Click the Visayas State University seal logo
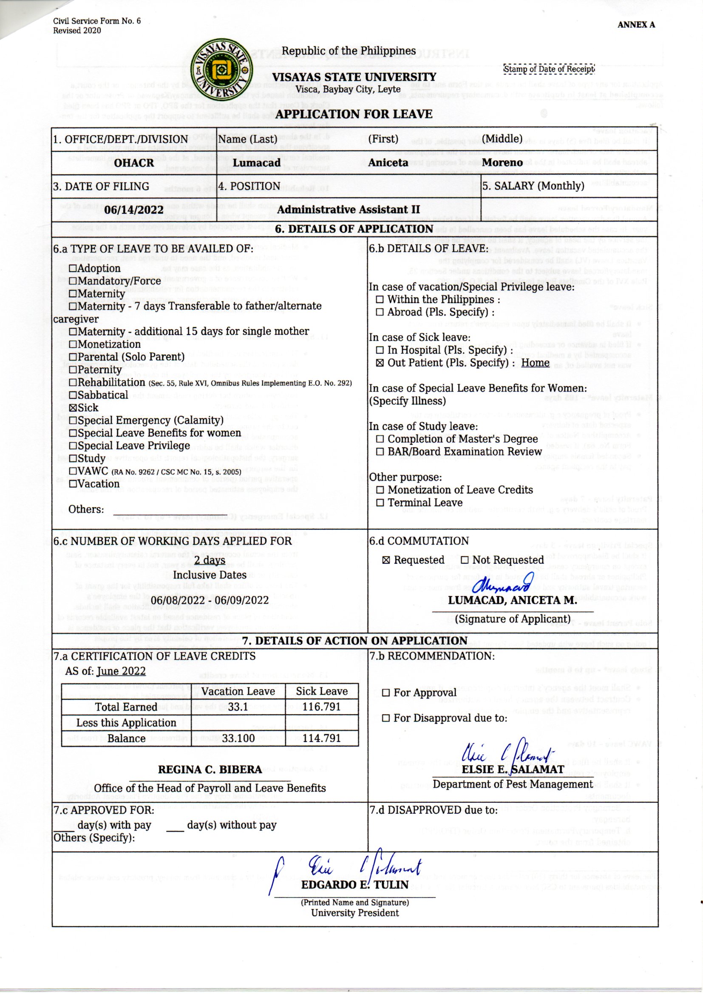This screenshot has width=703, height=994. point(222,70)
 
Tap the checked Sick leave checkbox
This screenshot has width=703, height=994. point(73,408)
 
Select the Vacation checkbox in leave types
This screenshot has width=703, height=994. point(73,483)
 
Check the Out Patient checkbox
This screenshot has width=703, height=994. point(380,363)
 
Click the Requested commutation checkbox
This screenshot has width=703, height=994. point(386,560)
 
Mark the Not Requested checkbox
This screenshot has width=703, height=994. point(465,560)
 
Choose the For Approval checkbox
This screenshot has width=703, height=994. point(386,693)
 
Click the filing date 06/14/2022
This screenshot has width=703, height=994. point(134,210)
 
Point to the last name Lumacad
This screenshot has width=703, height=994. point(256,163)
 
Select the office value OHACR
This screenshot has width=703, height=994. point(134,163)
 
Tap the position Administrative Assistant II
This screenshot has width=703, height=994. point(349,210)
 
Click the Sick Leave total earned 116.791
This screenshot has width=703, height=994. point(322,707)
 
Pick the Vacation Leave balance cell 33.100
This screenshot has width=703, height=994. point(238,738)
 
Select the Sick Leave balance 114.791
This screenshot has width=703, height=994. point(322,738)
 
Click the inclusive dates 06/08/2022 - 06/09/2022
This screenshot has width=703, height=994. point(210,600)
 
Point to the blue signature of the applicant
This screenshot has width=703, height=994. point(502,585)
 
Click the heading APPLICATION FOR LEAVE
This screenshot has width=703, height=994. point(354,114)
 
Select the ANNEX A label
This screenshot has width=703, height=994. point(636,25)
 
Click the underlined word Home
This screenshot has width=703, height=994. point(535,363)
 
